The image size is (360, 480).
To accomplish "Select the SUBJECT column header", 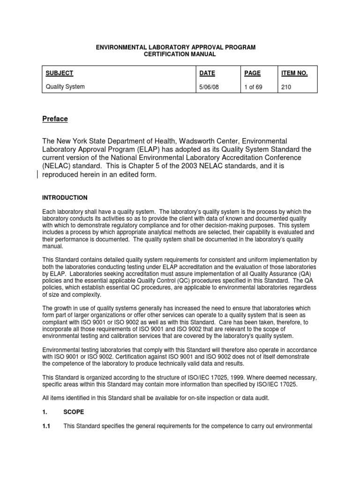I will [59, 73].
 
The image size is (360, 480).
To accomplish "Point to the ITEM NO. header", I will [294, 73].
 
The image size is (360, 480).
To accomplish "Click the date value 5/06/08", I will [209, 87].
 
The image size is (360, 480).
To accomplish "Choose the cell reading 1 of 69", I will [253, 87].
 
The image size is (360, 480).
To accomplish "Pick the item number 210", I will [286, 87].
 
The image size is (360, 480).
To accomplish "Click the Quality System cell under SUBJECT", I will [65, 87].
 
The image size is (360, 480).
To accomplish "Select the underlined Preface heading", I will [55, 119].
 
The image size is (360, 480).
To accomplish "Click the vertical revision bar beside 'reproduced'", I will [38, 174].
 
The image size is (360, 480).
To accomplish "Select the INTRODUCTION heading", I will [65, 198].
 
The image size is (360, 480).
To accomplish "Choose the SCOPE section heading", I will [74, 412].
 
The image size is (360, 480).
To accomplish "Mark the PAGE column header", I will [252, 73].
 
